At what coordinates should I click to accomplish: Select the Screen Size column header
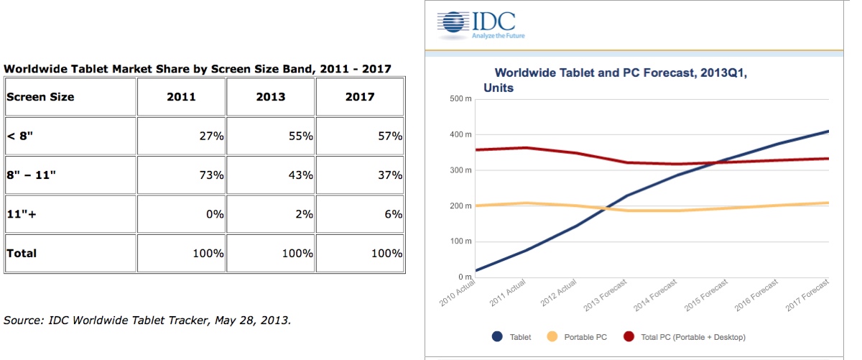(x=40, y=97)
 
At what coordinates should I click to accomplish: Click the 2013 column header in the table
(x=270, y=97)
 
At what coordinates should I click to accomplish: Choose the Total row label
(x=22, y=253)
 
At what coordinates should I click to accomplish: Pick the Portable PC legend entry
(x=579, y=336)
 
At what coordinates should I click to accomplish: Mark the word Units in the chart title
(x=499, y=88)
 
